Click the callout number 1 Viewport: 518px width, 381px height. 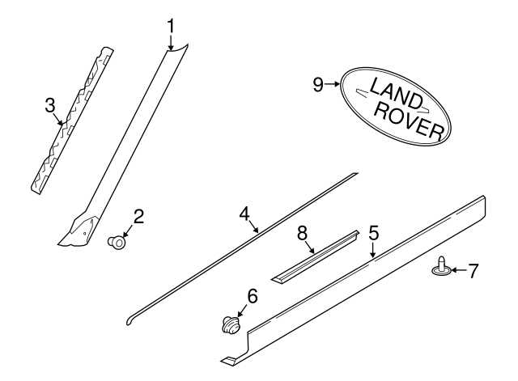(x=171, y=26)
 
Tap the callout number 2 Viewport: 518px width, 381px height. (x=138, y=216)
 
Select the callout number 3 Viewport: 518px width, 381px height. (x=49, y=105)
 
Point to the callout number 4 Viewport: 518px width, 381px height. (x=244, y=213)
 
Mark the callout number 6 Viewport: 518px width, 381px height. (x=252, y=297)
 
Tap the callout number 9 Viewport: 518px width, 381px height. (x=318, y=83)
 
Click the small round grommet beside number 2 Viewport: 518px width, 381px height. (x=118, y=240)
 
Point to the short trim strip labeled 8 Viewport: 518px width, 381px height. (x=316, y=257)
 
